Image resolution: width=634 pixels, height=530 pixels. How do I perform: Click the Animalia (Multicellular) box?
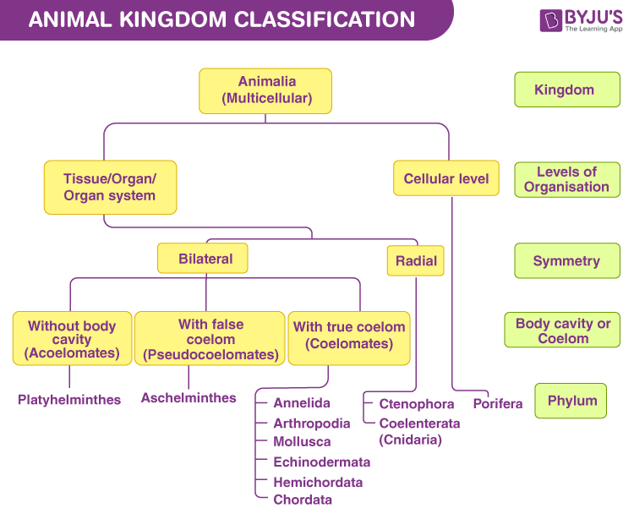[265, 90]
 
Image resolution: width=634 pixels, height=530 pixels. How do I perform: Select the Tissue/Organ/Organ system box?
[110, 187]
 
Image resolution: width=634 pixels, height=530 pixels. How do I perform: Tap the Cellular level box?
[446, 178]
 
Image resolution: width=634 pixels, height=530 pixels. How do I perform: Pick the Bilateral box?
[203, 259]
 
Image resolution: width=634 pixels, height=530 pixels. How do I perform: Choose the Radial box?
[416, 260]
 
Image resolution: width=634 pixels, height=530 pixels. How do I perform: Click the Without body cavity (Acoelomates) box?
[71, 339]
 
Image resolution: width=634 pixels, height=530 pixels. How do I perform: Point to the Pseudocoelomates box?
[210, 339]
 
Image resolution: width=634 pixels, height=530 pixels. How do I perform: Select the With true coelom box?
[349, 336]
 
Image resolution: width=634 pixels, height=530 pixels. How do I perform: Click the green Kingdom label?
[566, 90]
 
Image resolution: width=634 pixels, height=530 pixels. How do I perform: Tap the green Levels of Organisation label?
[566, 179]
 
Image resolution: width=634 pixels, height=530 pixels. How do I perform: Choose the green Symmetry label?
[566, 261]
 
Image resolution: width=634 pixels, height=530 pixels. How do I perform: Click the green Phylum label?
[571, 401]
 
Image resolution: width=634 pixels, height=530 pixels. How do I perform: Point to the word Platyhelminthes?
[69, 399]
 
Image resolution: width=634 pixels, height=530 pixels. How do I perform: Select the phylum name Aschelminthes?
[189, 397]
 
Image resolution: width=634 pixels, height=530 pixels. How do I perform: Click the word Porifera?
[498, 403]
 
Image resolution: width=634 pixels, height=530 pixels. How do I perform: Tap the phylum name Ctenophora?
[416, 404]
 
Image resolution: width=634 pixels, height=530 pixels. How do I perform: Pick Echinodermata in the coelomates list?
[321, 462]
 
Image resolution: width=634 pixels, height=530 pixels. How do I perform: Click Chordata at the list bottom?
[303, 500]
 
